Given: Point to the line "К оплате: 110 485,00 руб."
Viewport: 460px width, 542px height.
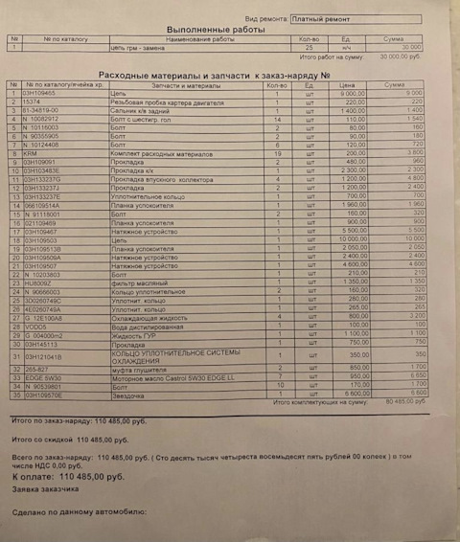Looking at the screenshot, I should (68, 476).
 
